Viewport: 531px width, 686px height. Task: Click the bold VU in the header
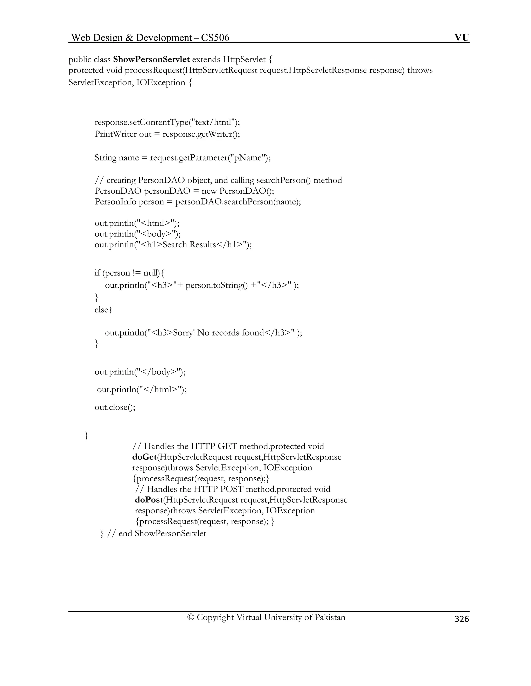pyautogui.click(x=462, y=38)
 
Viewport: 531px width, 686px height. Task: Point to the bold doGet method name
pyautogui.click(x=144, y=457)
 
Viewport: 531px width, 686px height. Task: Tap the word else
pyautogui.click(x=101, y=310)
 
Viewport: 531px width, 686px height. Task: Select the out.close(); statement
pyautogui.click(x=115, y=407)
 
